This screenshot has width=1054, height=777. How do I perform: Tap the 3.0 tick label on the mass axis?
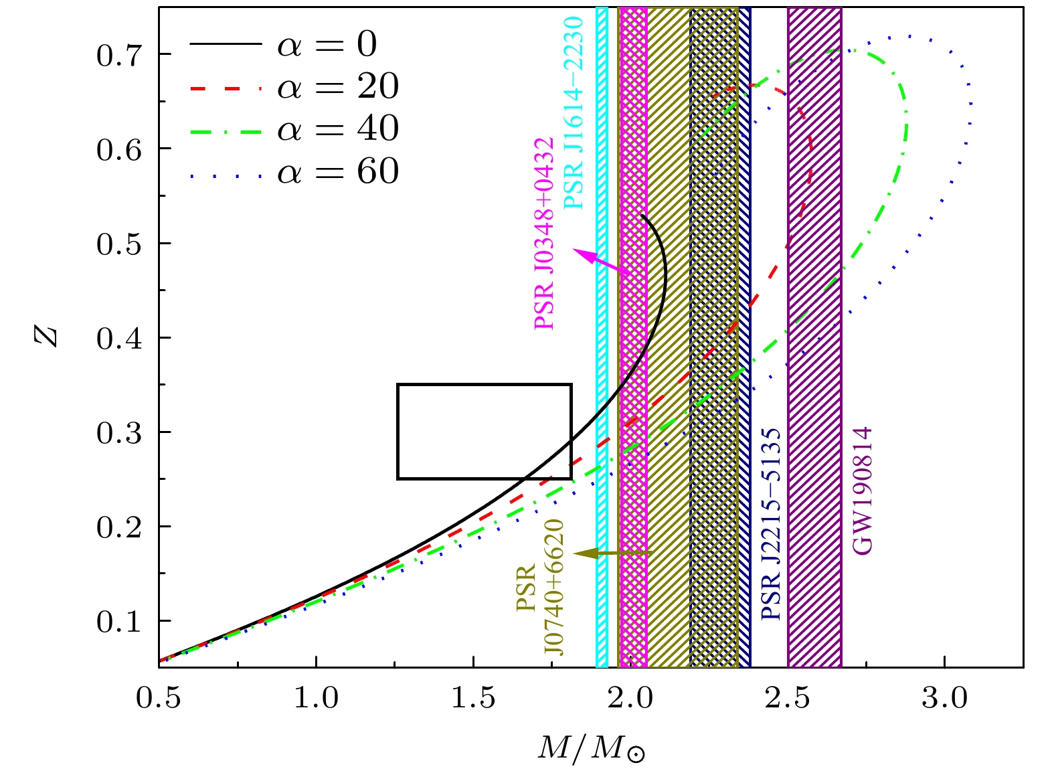tap(944, 698)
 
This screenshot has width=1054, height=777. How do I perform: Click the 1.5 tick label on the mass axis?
tap(473, 698)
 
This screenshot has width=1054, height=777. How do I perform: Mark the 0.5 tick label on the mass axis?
tap(159, 698)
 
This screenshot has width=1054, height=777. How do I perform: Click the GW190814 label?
tap(863, 491)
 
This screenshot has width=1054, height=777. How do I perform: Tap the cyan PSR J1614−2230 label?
tap(574, 113)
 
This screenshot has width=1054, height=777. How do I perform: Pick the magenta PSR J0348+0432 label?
tap(544, 234)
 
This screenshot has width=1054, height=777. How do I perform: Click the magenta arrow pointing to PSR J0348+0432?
tap(600, 261)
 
